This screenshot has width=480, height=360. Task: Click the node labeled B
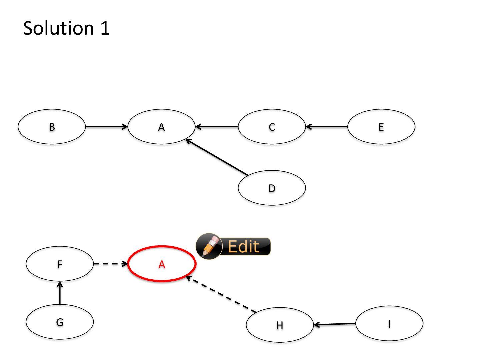click(x=52, y=127)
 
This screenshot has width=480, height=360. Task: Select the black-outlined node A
click(x=161, y=127)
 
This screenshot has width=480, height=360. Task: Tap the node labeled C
click(x=272, y=127)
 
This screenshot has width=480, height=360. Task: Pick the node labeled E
click(x=381, y=127)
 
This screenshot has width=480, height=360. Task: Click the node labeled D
click(x=272, y=188)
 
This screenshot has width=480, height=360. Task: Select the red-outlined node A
click(x=162, y=264)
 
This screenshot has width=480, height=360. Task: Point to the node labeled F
click(x=60, y=264)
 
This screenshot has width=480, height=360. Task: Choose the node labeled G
click(x=60, y=322)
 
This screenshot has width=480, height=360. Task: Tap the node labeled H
click(x=280, y=325)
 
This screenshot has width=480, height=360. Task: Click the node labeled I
click(x=389, y=323)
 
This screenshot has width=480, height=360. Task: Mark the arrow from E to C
click(x=327, y=127)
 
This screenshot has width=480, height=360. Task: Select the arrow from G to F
click(x=60, y=293)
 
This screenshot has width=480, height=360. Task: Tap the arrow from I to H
click(x=335, y=324)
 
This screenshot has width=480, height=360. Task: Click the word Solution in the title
click(x=58, y=28)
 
